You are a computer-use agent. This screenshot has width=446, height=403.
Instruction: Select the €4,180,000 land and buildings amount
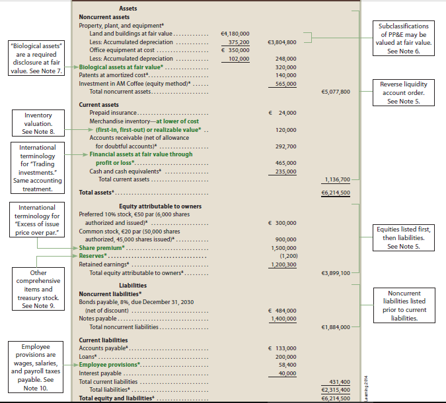point(234,32)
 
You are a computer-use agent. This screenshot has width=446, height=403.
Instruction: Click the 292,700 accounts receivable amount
point(285,146)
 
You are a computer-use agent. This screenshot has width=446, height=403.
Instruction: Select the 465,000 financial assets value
point(285,163)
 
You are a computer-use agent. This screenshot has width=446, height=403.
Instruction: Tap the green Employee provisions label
point(109,364)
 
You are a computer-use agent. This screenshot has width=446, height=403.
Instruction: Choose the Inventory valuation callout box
point(38,123)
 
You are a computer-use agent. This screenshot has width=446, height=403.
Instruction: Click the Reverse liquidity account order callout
point(403,92)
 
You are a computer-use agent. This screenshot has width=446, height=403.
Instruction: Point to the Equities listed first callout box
point(403,237)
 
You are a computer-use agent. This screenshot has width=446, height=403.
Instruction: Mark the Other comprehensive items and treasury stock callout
point(38,289)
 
